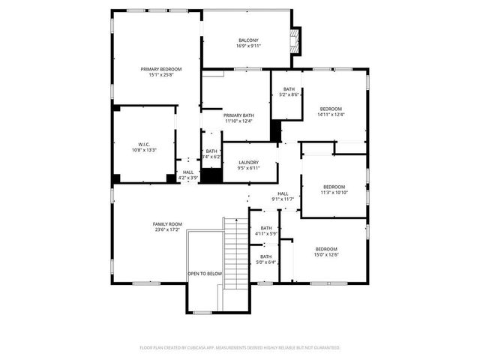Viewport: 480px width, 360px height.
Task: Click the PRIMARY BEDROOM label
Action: click(160, 69)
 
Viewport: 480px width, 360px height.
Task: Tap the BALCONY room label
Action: click(248, 40)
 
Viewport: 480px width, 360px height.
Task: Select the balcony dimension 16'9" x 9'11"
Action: click(248, 46)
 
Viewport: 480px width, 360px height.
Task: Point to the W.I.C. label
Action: click(144, 144)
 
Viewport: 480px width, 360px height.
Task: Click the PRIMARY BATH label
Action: click(238, 115)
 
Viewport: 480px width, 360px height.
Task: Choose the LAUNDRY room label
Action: click(248, 162)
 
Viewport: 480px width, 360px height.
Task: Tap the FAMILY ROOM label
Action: click(167, 224)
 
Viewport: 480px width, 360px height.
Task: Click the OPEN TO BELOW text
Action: click(205, 274)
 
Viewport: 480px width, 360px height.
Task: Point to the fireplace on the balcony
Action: click(296, 41)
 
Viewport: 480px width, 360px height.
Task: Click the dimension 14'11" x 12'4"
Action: click(331, 115)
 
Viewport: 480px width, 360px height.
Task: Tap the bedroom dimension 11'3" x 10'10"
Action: click(334, 193)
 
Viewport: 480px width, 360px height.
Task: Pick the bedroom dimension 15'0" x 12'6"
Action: click(325, 255)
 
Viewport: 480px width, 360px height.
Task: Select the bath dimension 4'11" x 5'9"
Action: click(266, 234)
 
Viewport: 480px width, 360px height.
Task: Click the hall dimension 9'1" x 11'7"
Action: click(283, 199)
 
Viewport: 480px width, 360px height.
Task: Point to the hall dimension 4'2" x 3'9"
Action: click(187, 178)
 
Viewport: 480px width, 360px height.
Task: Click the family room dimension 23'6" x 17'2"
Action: click(167, 230)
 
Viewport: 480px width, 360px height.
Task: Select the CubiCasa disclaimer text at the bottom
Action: click(240, 347)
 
